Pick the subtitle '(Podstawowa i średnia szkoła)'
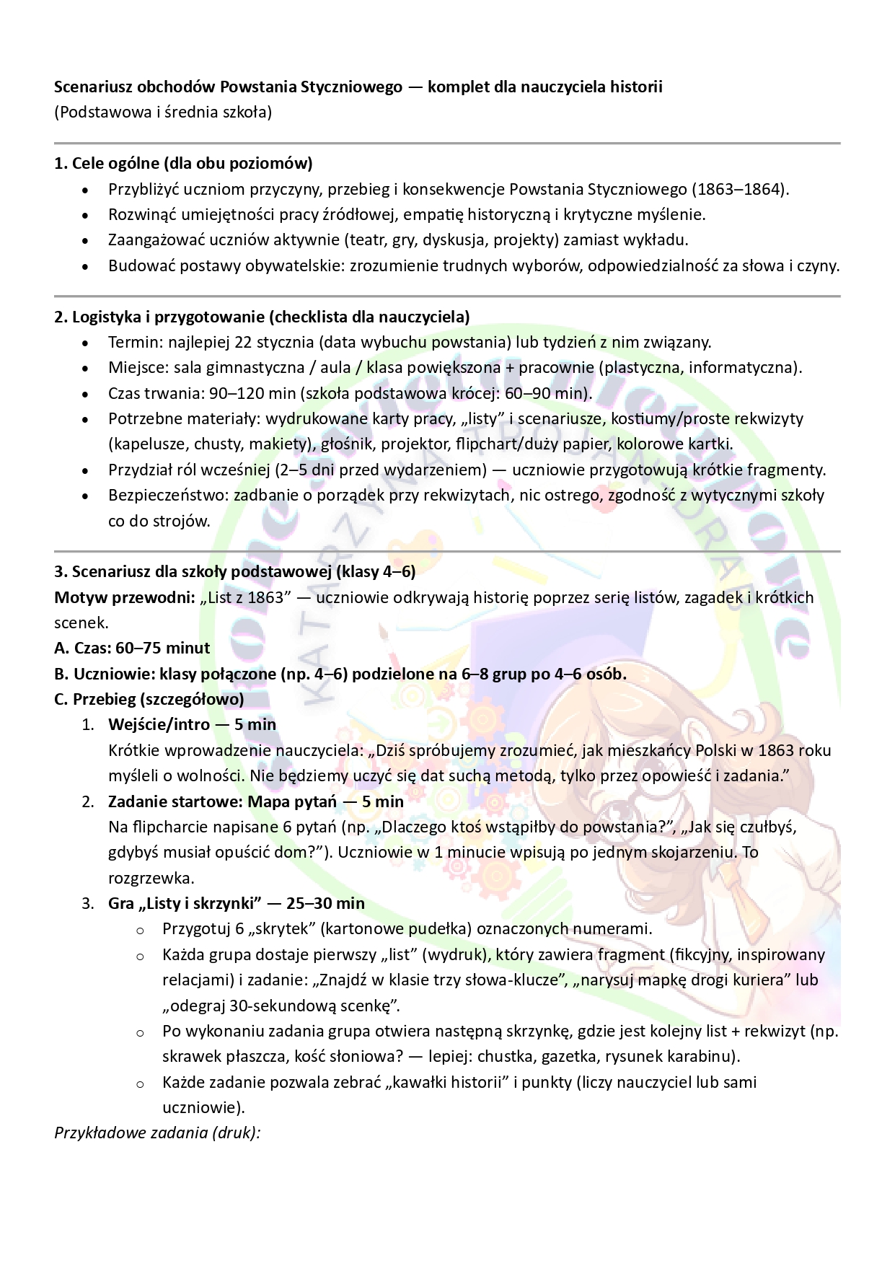coord(163,113)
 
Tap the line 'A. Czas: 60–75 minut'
coord(132,648)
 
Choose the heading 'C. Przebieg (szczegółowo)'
coord(149,699)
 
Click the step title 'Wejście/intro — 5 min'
coord(192,724)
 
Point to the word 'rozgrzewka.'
coord(141,878)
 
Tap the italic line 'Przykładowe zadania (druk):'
coord(157,1132)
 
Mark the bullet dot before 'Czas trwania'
coord(86,394)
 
